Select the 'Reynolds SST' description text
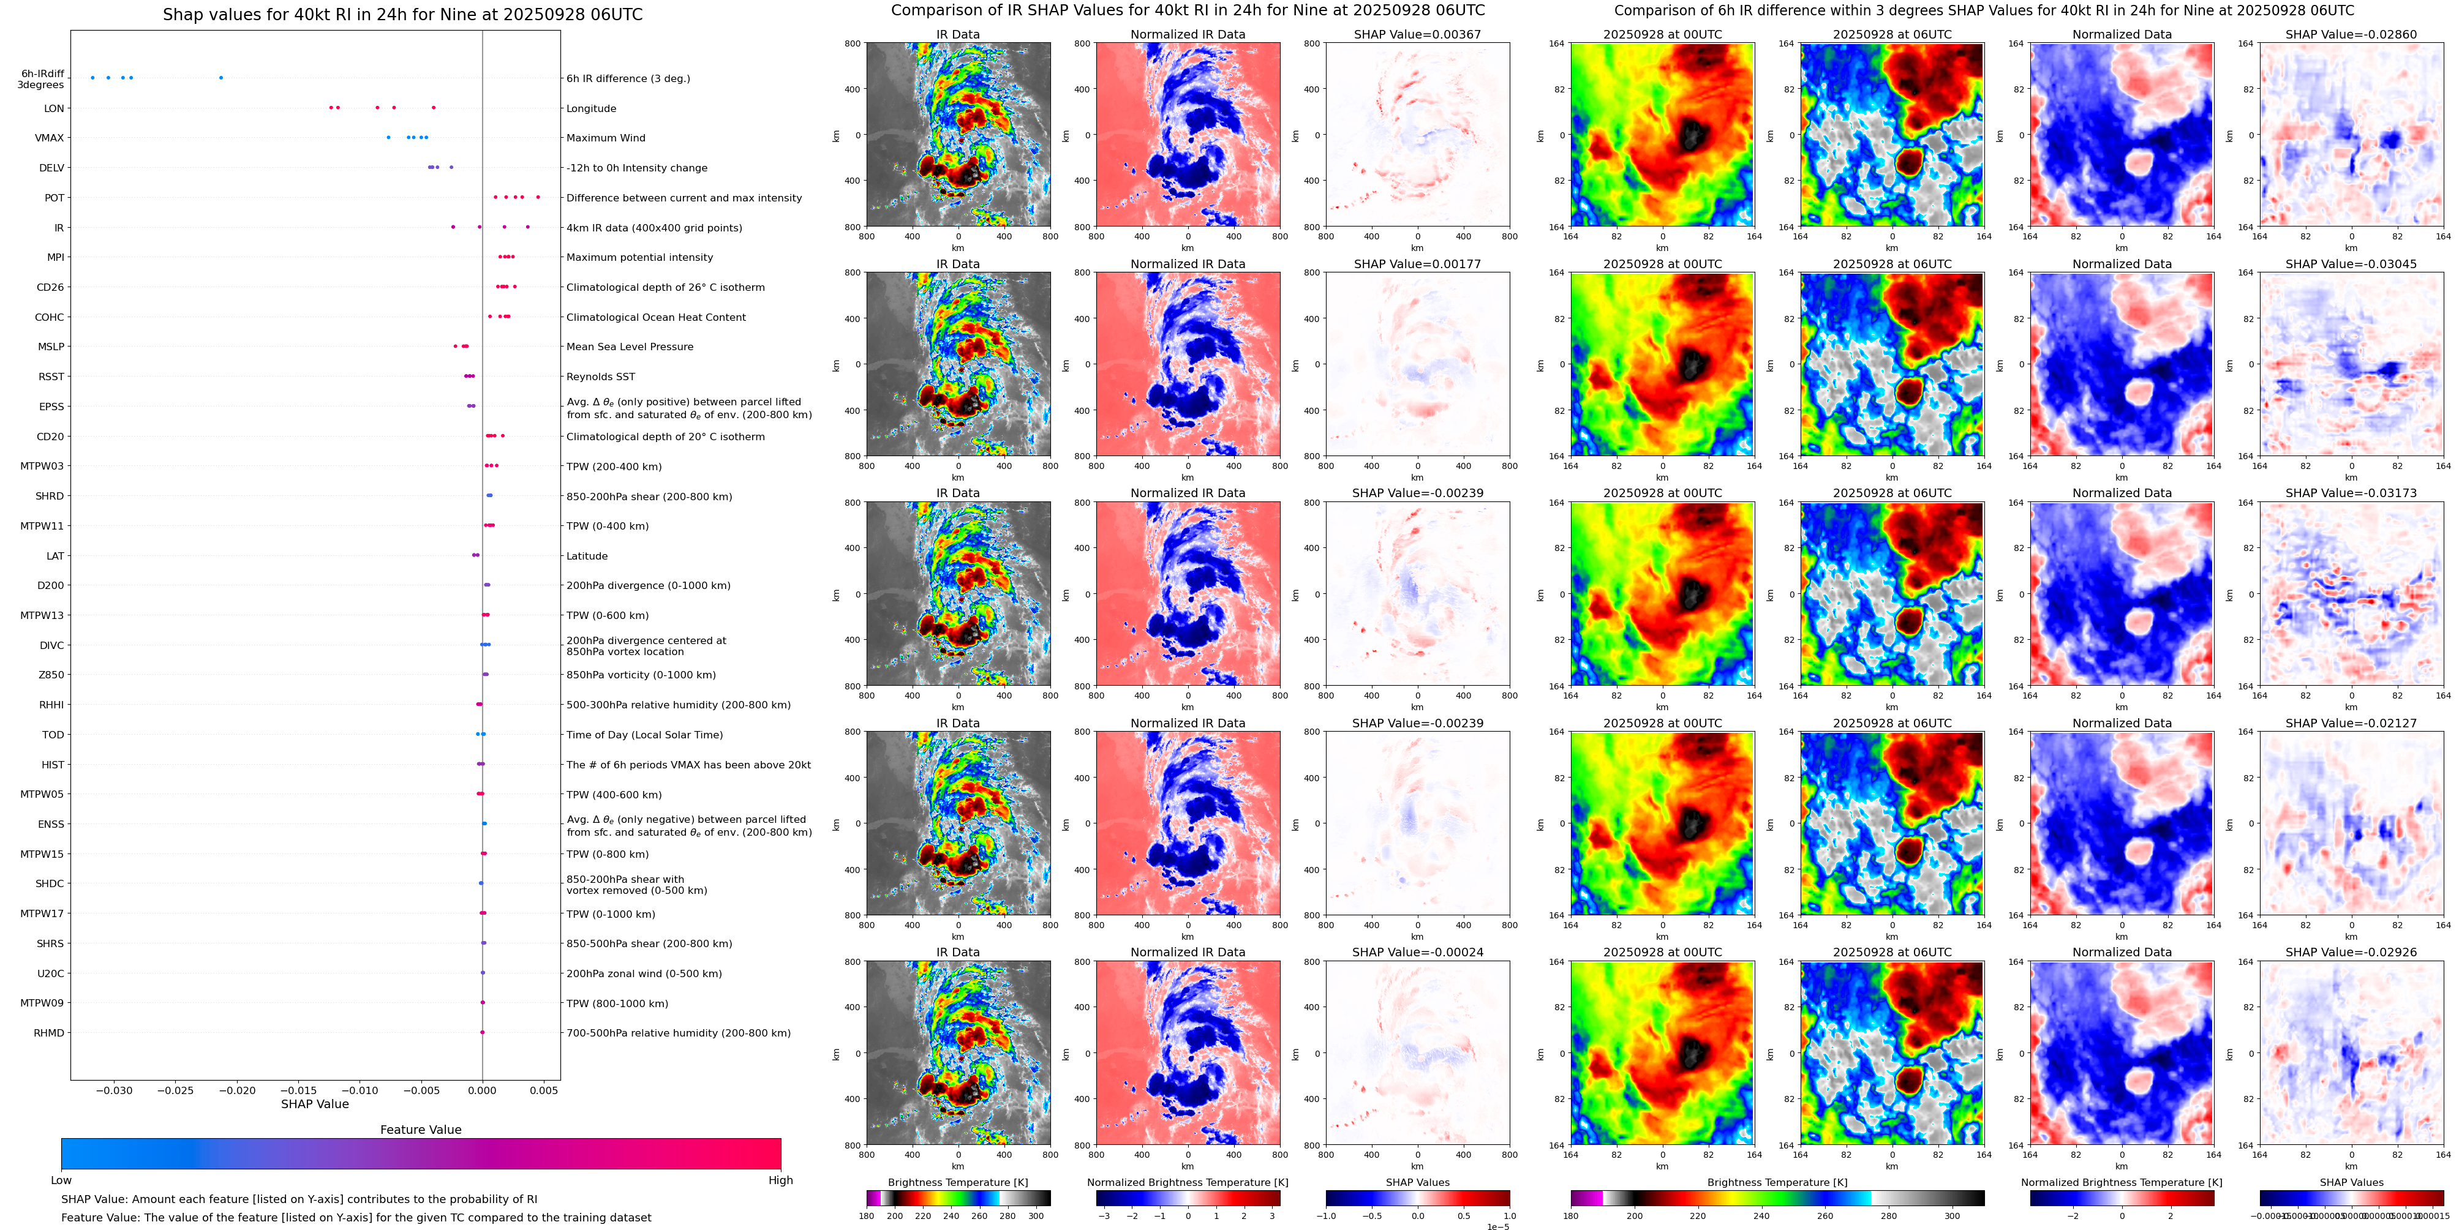[x=600, y=377]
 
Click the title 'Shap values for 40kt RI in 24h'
[x=402, y=14]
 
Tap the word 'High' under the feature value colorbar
[x=780, y=1180]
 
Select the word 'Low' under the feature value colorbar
[x=61, y=1180]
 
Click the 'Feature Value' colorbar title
[x=420, y=1130]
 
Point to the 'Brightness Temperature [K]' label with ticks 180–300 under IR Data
[x=957, y=1182]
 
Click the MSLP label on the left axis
[x=51, y=347]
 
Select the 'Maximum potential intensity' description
[x=639, y=258]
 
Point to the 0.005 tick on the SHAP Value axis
[x=543, y=1090]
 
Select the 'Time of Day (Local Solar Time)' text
[x=644, y=735]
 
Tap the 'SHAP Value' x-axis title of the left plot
[x=314, y=1104]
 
